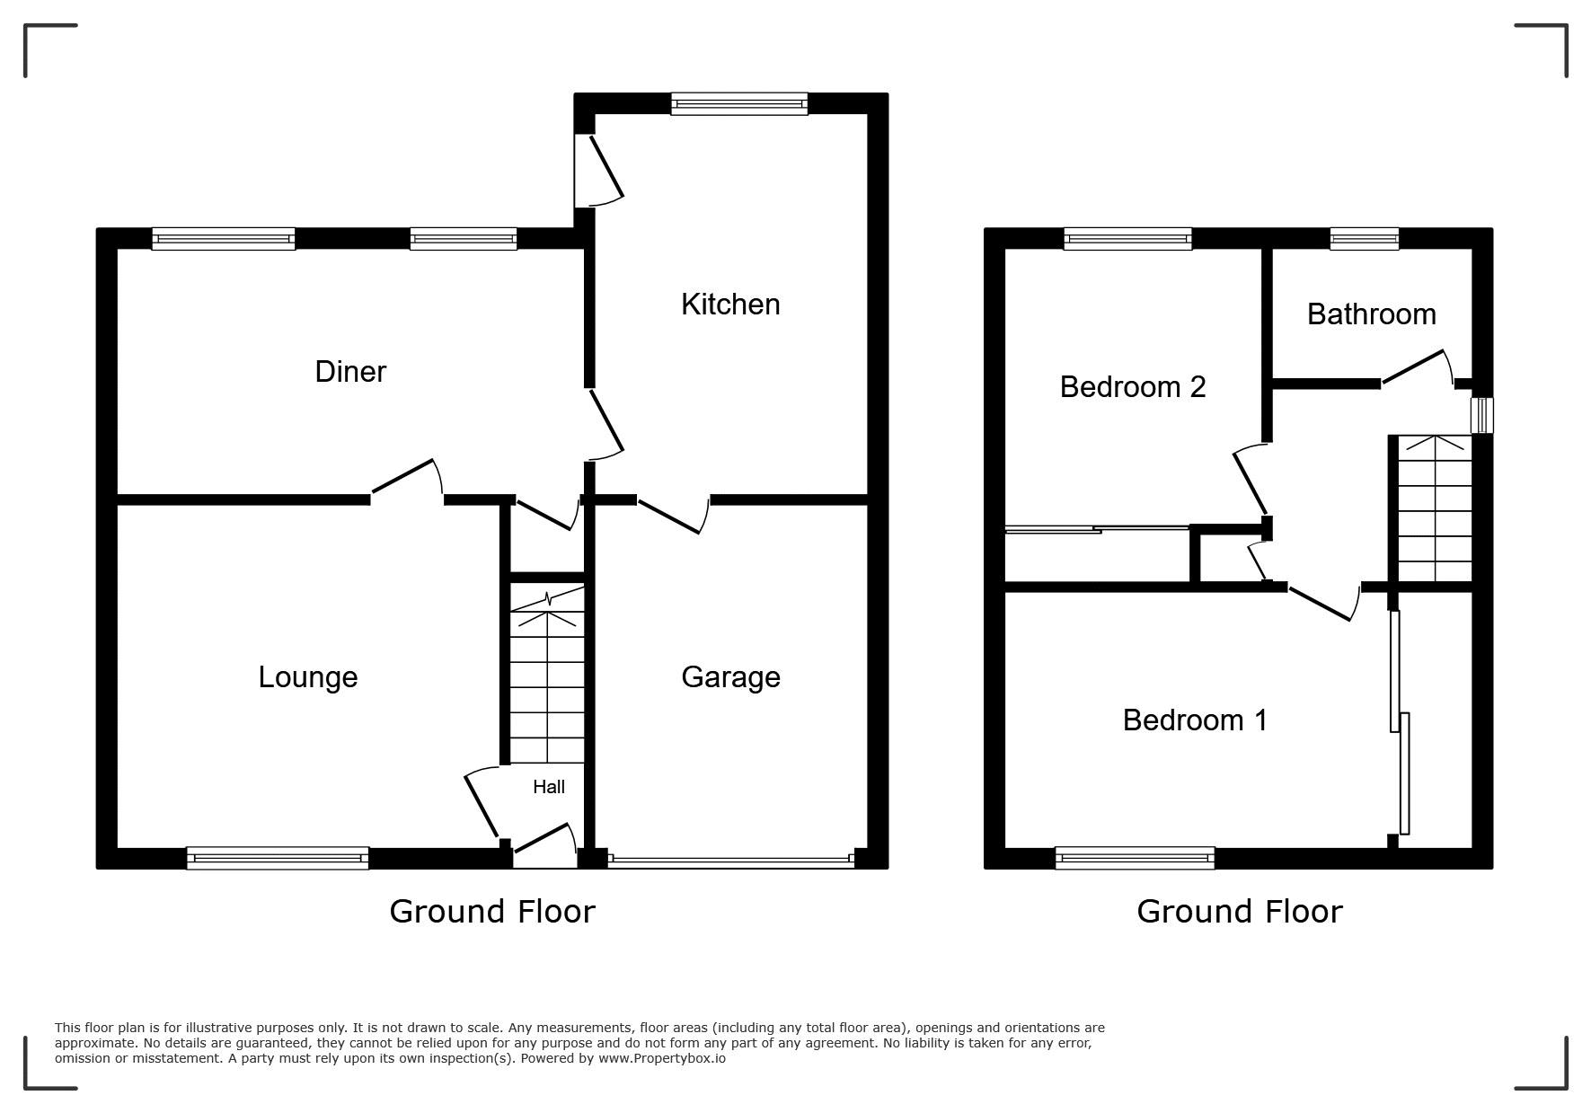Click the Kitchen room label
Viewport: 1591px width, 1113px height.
point(730,305)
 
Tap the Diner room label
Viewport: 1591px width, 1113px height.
point(350,372)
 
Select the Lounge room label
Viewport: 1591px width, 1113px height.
point(308,677)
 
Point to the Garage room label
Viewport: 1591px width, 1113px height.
point(730,677)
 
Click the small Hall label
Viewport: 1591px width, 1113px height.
point(549,787)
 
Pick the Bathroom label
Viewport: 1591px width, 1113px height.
point(1371,314)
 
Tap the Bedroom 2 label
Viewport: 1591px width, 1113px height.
point(1132,387)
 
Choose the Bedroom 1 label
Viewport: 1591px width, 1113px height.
point(1195,720)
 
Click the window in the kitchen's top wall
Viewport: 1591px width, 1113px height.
point(739,104)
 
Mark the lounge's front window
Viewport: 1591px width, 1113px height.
point(278,858)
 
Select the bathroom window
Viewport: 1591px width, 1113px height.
point(1365,238)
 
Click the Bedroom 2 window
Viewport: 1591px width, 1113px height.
point(1127,238)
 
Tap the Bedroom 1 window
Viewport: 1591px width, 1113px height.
point(1135,858)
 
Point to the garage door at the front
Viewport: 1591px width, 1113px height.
point(730,860)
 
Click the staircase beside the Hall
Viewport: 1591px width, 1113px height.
point(547,674)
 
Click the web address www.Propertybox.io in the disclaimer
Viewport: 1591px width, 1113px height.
point(662,1058)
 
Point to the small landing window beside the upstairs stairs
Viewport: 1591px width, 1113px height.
point(1481,416)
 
